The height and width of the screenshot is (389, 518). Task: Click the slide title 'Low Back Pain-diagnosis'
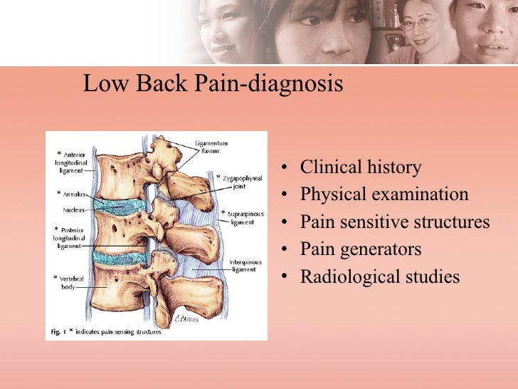coord(213,85)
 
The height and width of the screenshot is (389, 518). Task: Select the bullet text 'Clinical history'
coord(360,167)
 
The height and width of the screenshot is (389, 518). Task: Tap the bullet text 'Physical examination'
coord(384,194)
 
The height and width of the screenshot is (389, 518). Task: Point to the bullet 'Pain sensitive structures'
coord(395,222)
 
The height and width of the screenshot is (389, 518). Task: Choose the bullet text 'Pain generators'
coord(361,249)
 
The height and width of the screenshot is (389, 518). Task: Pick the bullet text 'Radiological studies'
coord(380,276)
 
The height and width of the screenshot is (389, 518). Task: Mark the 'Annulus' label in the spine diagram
coord(74,193)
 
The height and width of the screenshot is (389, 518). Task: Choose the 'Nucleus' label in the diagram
coord(71,211)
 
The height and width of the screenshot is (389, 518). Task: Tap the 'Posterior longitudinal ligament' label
coord(70,237)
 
